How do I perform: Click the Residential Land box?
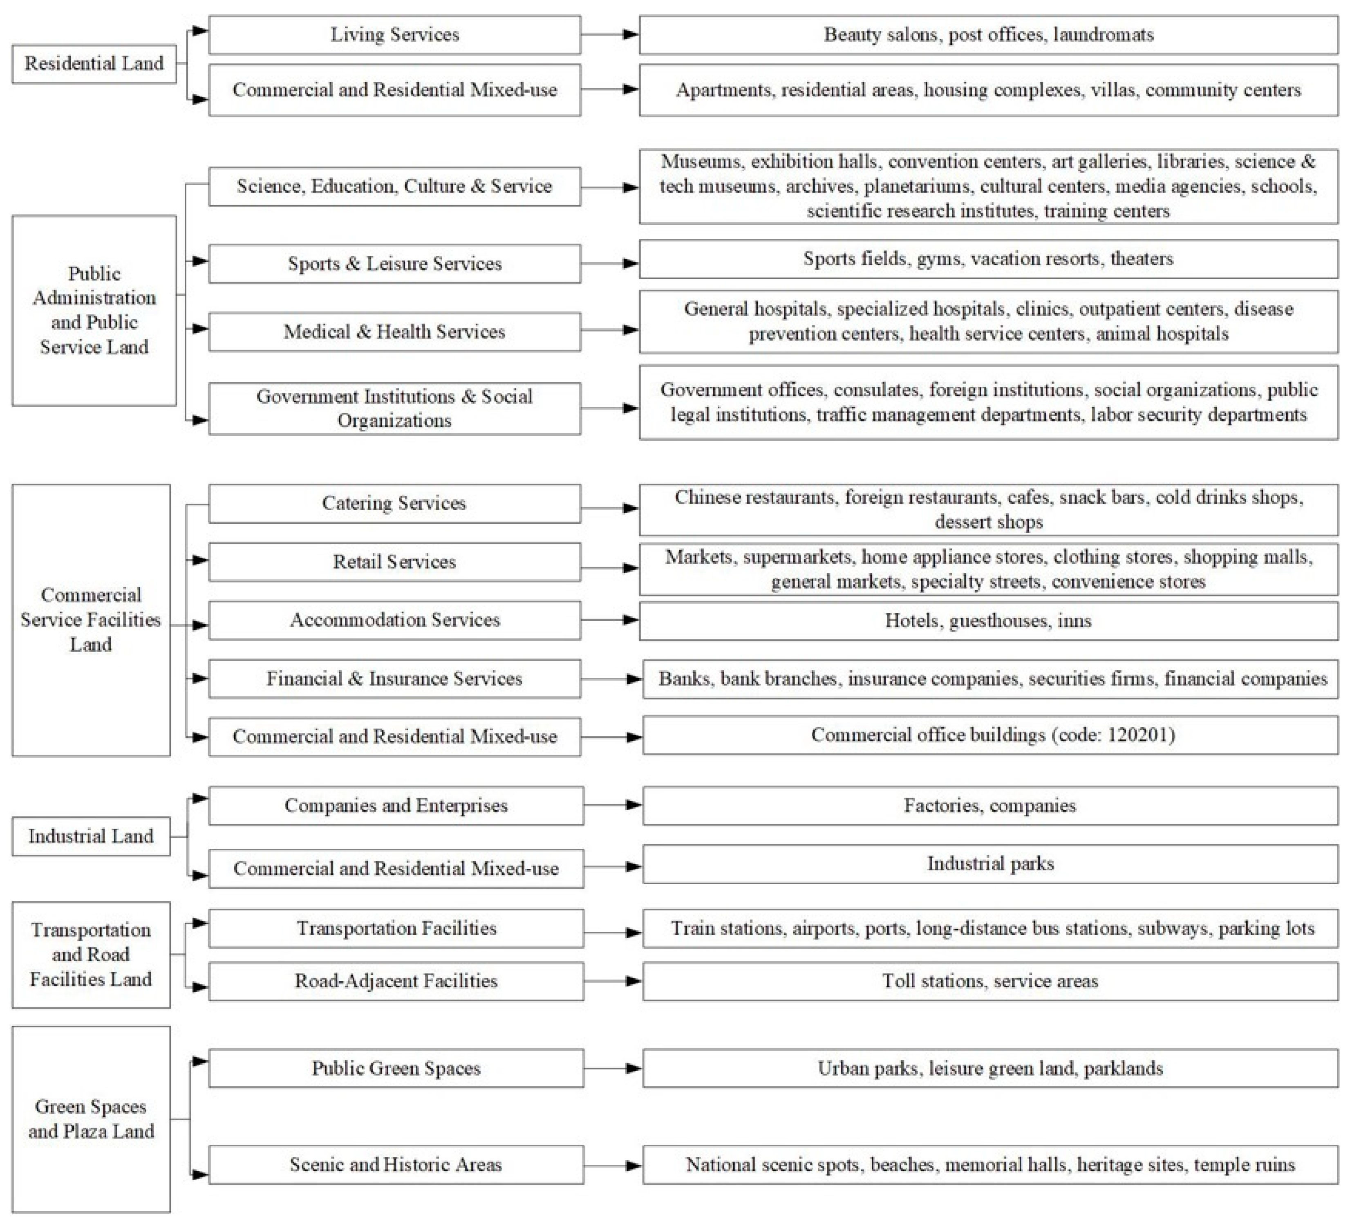(x=94, y=64)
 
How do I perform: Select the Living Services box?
(x=394, y=35)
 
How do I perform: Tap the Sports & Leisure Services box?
(x=394, y=264)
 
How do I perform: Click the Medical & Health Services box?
(x=394, y=331)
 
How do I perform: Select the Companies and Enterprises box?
(x=396, y=805)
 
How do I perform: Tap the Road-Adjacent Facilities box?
(x=396, y=981)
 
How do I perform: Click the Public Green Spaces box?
(x=396, y=1068)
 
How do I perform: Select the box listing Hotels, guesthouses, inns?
(x=989, y=621)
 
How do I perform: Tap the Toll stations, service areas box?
(x=990, y=981)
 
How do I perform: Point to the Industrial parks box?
(x=990, y=864)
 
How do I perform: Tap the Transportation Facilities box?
(x=396, y=928)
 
